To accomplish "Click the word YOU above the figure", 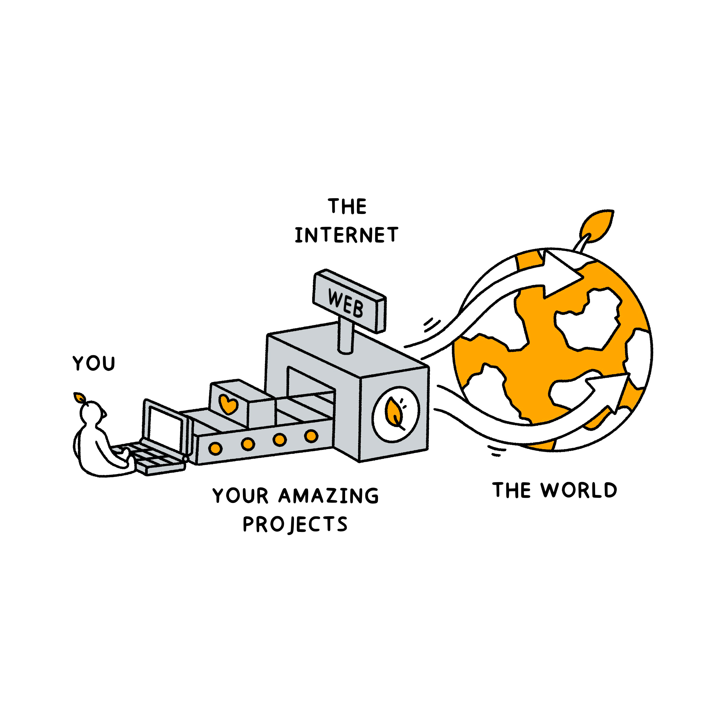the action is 94,363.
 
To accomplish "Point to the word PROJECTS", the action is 295,524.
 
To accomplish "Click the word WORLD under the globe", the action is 579,490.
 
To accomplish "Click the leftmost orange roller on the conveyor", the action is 215,448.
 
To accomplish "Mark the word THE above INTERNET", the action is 347,207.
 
